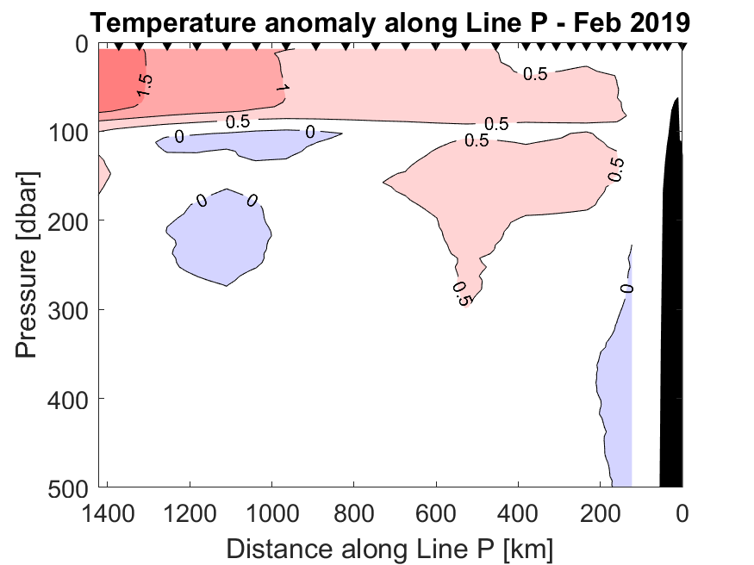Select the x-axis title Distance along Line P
click(389, 549)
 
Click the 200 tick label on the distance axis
click(601, 516)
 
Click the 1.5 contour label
click(145, 84)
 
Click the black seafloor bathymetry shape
click(671, 301)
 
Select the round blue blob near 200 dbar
click(220, 237)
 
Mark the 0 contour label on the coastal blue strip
click(627, 288)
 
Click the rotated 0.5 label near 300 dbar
click(460, 294)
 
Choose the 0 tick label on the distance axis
click(682, 516)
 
